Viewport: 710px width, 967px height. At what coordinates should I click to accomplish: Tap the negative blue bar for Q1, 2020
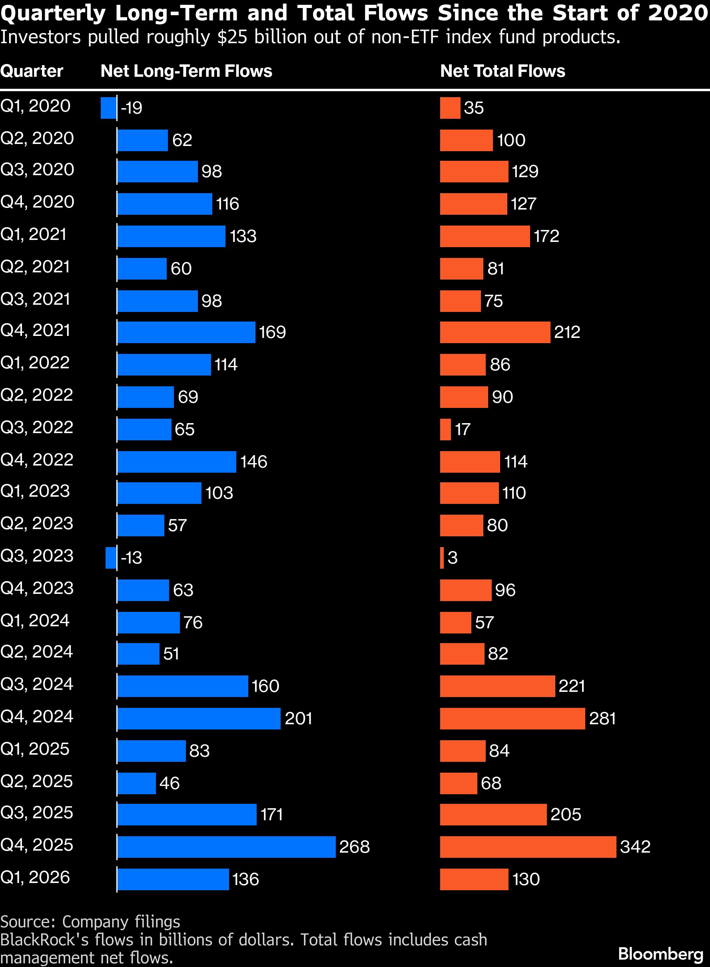[108, 108]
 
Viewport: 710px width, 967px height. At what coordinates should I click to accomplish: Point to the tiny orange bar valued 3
[442, 557]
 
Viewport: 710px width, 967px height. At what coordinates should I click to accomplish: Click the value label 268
[354, 847]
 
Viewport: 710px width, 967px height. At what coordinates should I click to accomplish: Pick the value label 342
[635, 847]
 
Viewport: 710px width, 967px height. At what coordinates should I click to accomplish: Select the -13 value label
[132, 557]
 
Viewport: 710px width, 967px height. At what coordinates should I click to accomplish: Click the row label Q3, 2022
[37, 428]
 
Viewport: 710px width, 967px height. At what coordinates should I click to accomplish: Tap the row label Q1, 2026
[35, 877]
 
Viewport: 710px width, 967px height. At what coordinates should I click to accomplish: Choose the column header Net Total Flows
[503, 71]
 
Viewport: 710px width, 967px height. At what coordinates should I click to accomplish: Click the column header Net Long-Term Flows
[186, 71]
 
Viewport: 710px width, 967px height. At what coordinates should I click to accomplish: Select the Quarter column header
[32, 71]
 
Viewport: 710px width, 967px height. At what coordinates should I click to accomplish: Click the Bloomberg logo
[660, 954]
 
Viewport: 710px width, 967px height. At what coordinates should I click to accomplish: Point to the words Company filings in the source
[121, 921]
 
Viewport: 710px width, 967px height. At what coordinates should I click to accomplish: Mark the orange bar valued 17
[445, 429]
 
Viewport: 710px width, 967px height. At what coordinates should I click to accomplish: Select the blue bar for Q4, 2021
[186, 332]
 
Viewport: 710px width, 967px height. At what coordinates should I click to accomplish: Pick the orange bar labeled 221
[497, 686]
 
